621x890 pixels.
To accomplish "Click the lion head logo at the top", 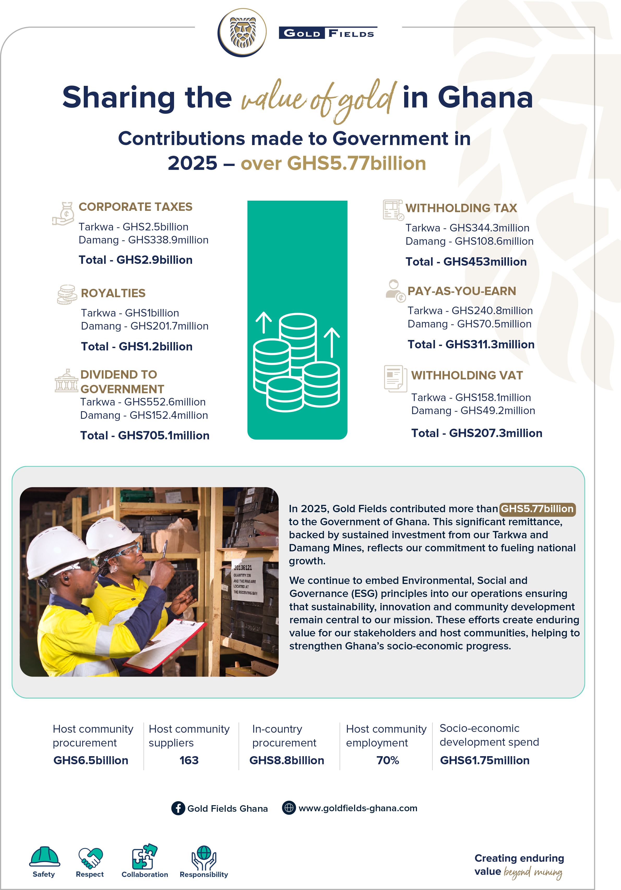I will click(242, 33).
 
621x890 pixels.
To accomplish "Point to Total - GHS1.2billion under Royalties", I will click(136, 347).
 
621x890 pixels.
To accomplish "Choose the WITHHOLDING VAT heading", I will click(467, 376).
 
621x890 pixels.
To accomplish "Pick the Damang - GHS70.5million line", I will click(469, 324).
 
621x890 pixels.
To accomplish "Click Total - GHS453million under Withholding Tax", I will click(466, 262).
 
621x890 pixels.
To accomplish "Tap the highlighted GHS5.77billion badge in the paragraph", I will click(537, 509).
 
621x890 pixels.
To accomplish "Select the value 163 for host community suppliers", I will click(189, 761).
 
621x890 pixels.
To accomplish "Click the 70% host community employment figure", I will click(388, 761).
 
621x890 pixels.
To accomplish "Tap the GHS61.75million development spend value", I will click(485, 761).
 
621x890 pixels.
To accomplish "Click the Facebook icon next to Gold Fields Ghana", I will click(178, 808).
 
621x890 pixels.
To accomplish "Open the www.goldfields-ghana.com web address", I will click(357, 808).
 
